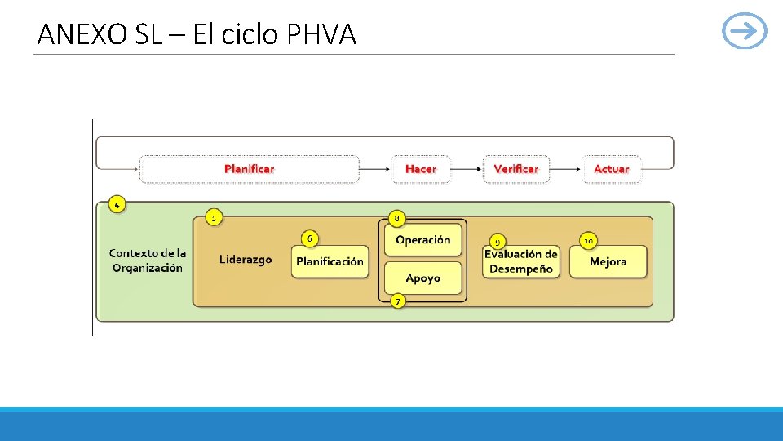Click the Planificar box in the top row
pos(249,169)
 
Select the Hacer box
pos(421,169)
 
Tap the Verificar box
pos(515,169)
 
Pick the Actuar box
pos(611,169)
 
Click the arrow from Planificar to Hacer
pos(375,169)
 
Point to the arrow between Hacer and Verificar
pos(466,169)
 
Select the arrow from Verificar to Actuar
pos(565,169)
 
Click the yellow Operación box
pos(422,240)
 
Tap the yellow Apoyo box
pos(422,278)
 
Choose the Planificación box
pos(330,262)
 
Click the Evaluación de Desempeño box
pos(521,261)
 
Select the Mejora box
pos(608,262)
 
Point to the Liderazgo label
pos(245,260)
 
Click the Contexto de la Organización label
pos(147,261)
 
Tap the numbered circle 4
pos(117,205)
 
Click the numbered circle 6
pos(309,238)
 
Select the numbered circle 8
pos(396,218)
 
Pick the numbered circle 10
pos(588,241)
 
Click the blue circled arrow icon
pos(745,32)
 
